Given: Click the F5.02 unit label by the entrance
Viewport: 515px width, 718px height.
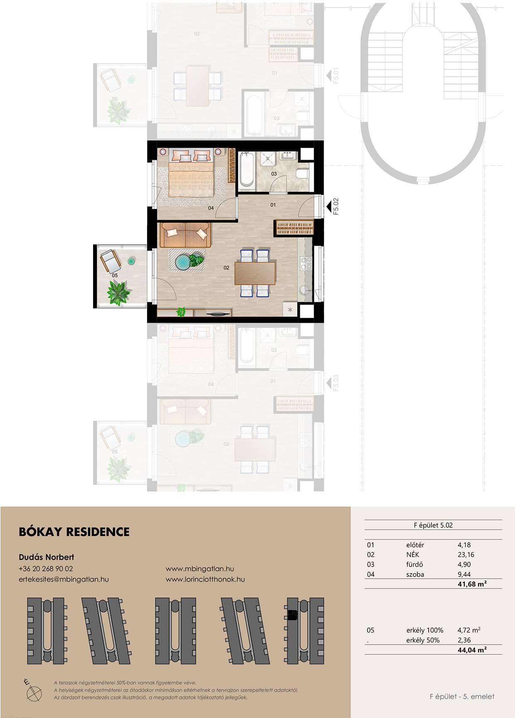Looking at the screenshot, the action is [x=336, y=206].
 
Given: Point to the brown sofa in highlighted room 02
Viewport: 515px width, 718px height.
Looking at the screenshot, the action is [x=185, y=235].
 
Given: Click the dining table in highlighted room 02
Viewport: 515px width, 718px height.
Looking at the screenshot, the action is [x=255, y=273].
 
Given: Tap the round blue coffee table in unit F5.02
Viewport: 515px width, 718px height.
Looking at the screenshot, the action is [x=183, y=262].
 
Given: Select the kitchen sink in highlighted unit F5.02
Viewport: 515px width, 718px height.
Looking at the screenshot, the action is [x=305, y=290].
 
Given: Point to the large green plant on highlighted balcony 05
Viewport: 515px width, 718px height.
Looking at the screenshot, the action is [x=118, y=292].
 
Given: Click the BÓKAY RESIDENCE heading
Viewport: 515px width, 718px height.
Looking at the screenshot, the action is [x=74, y=532].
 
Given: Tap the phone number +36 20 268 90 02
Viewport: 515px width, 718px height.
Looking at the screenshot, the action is [x=46, y=569].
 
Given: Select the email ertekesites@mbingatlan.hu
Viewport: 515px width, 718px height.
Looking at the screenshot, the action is [x=64, y=579].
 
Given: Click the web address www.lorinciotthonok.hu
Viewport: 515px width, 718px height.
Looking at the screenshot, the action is [x=205, y=579].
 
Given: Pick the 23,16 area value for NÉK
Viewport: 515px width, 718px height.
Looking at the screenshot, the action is [x=466, y=555].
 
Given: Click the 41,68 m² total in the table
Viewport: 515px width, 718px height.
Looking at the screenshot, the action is [x=472, y=584].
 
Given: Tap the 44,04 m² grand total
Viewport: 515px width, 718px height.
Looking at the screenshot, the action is [x=472, y=650].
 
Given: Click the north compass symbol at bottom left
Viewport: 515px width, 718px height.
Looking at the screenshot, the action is [x=33, y=691].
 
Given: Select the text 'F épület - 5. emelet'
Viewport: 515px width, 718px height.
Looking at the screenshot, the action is [x=462, y=696].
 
